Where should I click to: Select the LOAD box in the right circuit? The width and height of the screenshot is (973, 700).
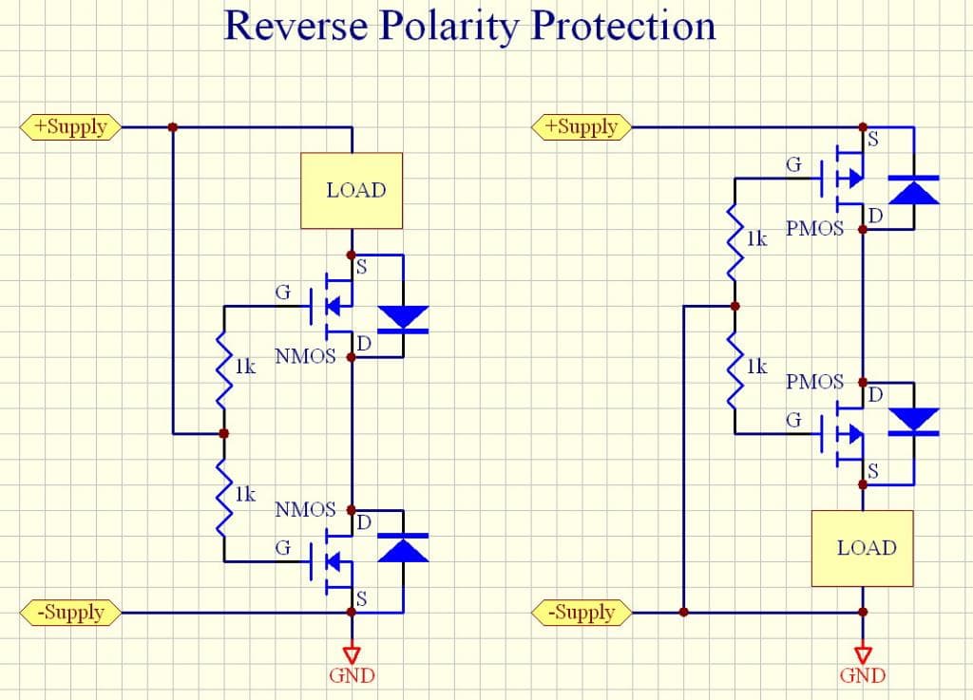click(x=863, y=548)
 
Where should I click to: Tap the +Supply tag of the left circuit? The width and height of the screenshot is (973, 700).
click(x=70, y=126)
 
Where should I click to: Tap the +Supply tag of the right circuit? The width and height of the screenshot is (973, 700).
click(x=582, y=126)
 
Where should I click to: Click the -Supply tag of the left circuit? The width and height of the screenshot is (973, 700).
click(x=70, y=612)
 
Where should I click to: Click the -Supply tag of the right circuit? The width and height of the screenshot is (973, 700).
click(x=582, y=612)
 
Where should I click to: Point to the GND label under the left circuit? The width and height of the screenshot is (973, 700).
click(x=352, y=676)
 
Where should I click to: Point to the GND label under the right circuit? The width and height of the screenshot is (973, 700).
click(x=863, y=676)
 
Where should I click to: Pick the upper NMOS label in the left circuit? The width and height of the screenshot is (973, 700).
click(x=305, y=357)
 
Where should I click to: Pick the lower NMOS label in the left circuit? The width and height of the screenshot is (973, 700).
click(x=305, y=510)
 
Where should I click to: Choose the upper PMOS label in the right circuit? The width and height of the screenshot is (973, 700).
click(x=814, y=229)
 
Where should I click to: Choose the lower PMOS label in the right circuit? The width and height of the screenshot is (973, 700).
click(x=814, y=382)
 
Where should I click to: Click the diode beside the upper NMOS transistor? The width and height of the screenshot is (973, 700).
click(x=403, y=319)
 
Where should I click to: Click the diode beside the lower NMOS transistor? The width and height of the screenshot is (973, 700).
click(x=403, y=547)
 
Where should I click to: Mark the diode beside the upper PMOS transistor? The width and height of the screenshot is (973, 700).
click(x=914, y=190)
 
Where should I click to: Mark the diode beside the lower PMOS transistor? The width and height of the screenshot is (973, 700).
click(x=914, y=420)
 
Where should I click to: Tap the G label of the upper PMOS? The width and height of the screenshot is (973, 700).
click(x=792, y=165)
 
